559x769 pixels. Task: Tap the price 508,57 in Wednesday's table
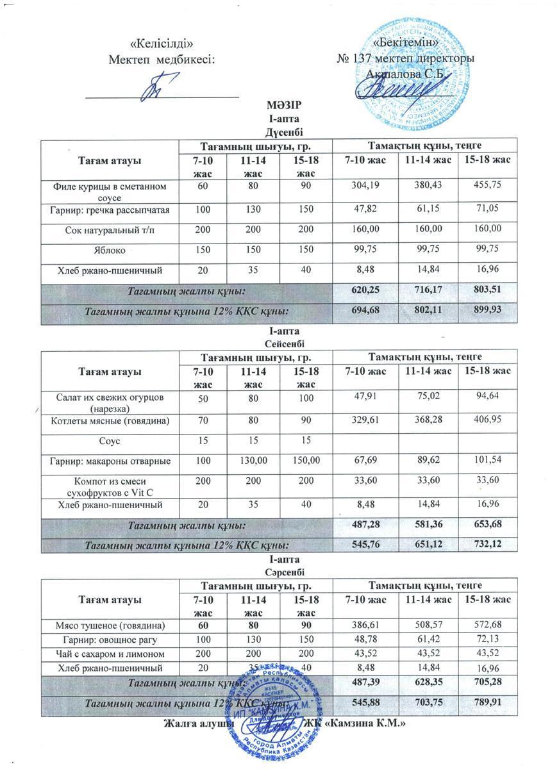coord(425,624)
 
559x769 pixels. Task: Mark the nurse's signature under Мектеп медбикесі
coord(156,86)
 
